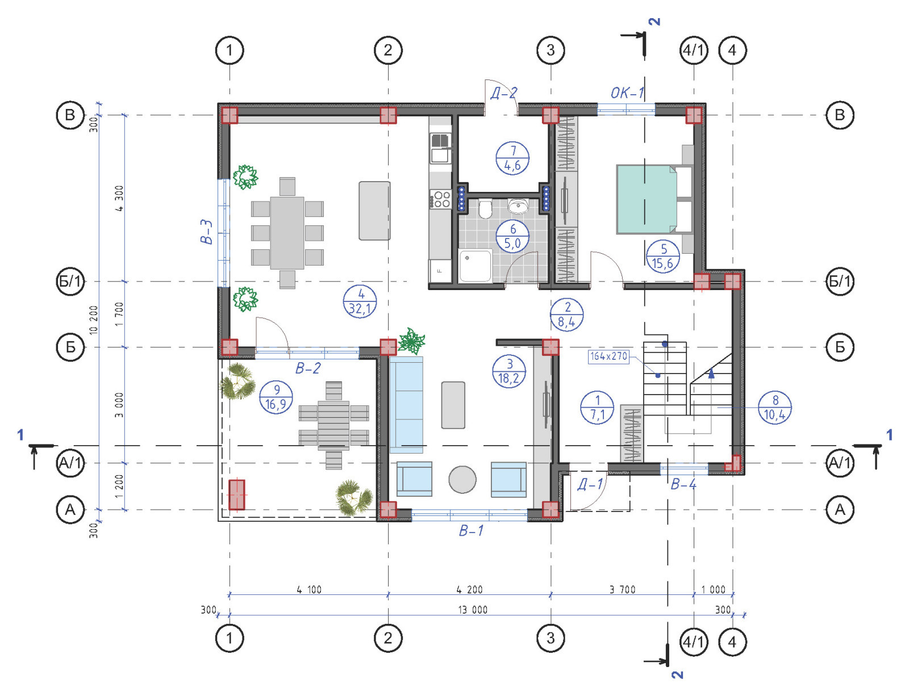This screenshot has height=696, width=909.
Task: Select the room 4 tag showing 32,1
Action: click(360, 302)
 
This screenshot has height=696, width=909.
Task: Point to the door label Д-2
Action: click(504, 93)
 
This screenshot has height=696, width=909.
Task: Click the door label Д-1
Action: click(590, 484)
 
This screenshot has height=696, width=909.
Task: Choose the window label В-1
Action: click(471, 531)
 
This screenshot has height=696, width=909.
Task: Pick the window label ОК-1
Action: click(627, 93)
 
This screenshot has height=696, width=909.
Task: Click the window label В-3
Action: click(207, 232)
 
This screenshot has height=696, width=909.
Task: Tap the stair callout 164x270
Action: click(608, 356)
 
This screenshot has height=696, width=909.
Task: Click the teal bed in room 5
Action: click(647, 199)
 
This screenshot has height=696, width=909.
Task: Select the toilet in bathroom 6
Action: click(485, 209)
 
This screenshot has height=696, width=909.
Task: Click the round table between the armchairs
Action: click(462, 480)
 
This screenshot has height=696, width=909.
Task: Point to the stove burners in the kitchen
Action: click(441, 199)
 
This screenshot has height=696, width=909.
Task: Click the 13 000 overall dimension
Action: click(473, 610)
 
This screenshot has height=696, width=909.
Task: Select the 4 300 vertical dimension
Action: click(119, 198)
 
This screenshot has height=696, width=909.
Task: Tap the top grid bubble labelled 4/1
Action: click(694, 50)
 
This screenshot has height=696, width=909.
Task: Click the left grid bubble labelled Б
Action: click(70, 347)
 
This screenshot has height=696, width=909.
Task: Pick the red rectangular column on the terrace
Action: click(237, 494)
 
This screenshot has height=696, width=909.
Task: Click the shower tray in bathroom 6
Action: click(475, 266)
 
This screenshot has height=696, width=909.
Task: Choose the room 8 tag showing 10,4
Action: click(775, 408)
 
